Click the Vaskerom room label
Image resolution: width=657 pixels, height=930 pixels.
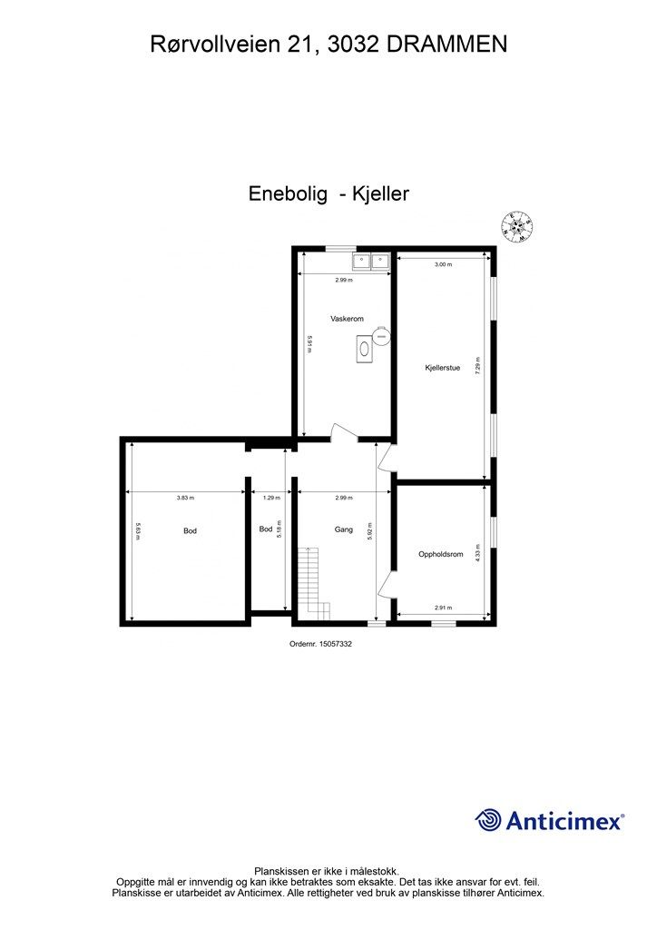(348, 319)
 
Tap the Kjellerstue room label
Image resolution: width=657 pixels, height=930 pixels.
(443, 368)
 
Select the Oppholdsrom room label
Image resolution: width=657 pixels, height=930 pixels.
(441, 554)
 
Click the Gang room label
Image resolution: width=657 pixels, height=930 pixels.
(343, 529)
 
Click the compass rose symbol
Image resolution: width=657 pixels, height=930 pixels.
(517, 225)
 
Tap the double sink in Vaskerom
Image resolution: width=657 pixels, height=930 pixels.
(371, 262)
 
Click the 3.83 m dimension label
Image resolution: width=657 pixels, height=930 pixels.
(185, 498)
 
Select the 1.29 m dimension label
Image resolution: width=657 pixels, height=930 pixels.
(271, 498)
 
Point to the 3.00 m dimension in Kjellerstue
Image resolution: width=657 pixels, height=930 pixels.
(442, 264)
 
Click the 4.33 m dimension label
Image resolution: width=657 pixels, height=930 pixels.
(478, 554)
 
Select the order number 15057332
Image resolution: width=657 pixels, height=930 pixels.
(320, 644)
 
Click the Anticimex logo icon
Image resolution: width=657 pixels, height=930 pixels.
(488, 820)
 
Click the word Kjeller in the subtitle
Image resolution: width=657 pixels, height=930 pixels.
(381, 193)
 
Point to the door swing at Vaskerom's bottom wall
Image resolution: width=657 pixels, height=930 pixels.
(339, 433)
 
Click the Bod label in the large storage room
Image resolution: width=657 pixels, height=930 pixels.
(191, 530)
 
